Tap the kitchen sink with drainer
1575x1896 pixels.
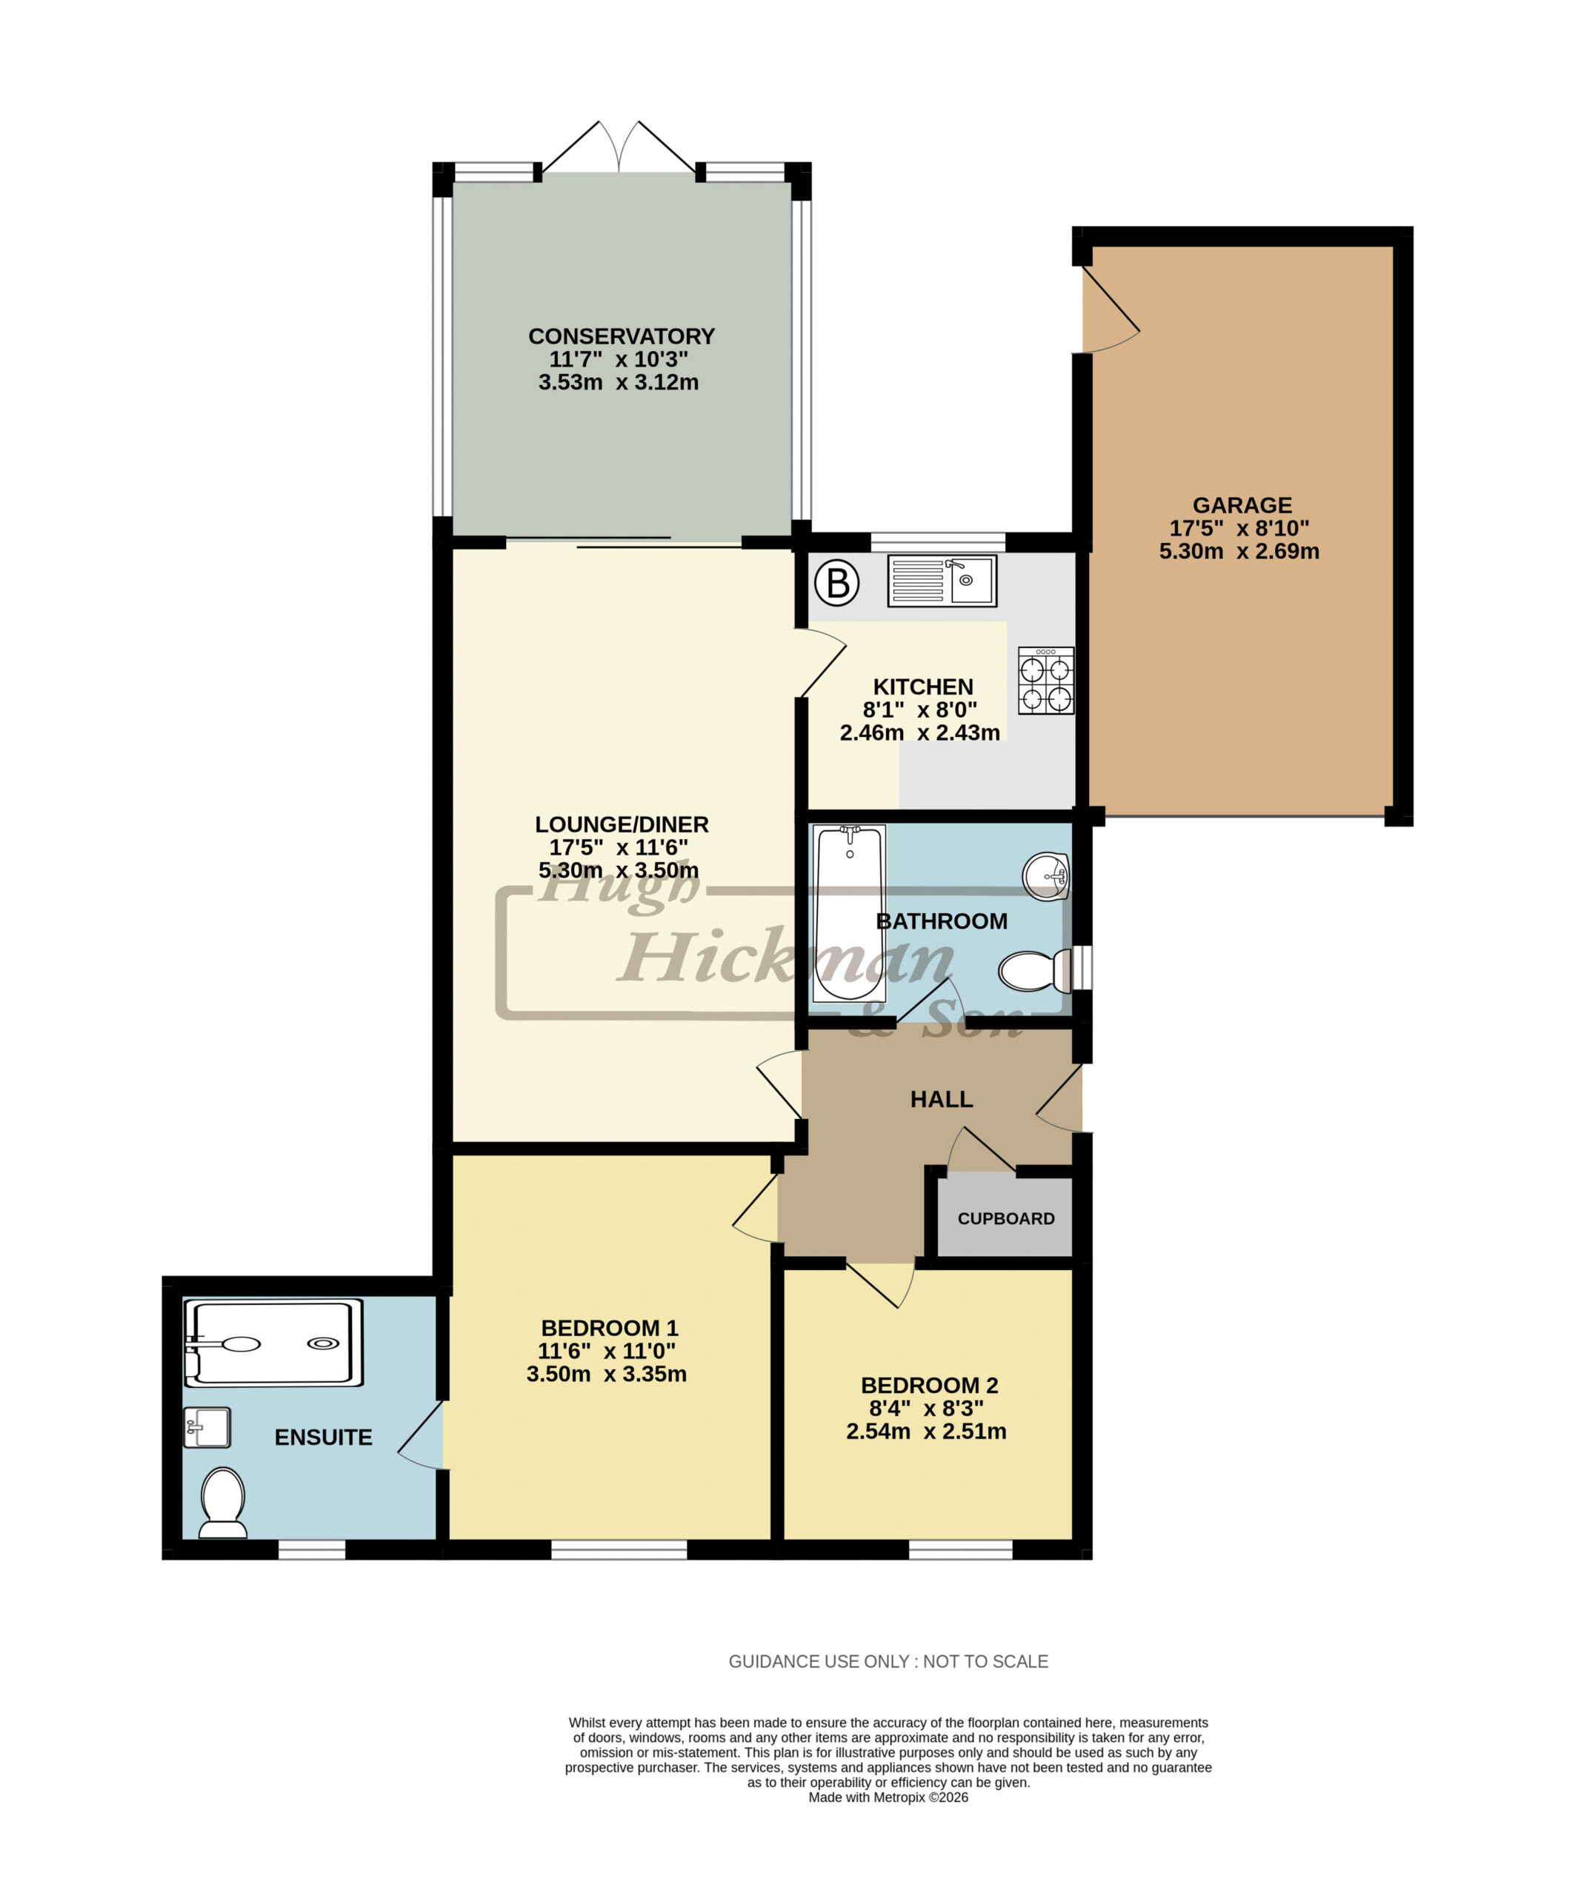[x=942, y=581]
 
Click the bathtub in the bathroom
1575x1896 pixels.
[x=849, y=912]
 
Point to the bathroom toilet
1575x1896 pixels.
[x=1035, y=970]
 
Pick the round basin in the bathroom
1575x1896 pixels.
[x=1047, y=875]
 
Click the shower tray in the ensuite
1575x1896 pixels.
[x=273, y=1343]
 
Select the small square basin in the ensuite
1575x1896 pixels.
[x=207, y=1427]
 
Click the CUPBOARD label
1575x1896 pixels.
[x=1006, y=1219]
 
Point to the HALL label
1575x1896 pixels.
[x=941, y=1099]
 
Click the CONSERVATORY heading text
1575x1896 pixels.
[x=622, y=336]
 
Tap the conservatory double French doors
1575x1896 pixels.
[x=619, y=145]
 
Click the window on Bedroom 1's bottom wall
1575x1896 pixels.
[x=619, y=1549]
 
